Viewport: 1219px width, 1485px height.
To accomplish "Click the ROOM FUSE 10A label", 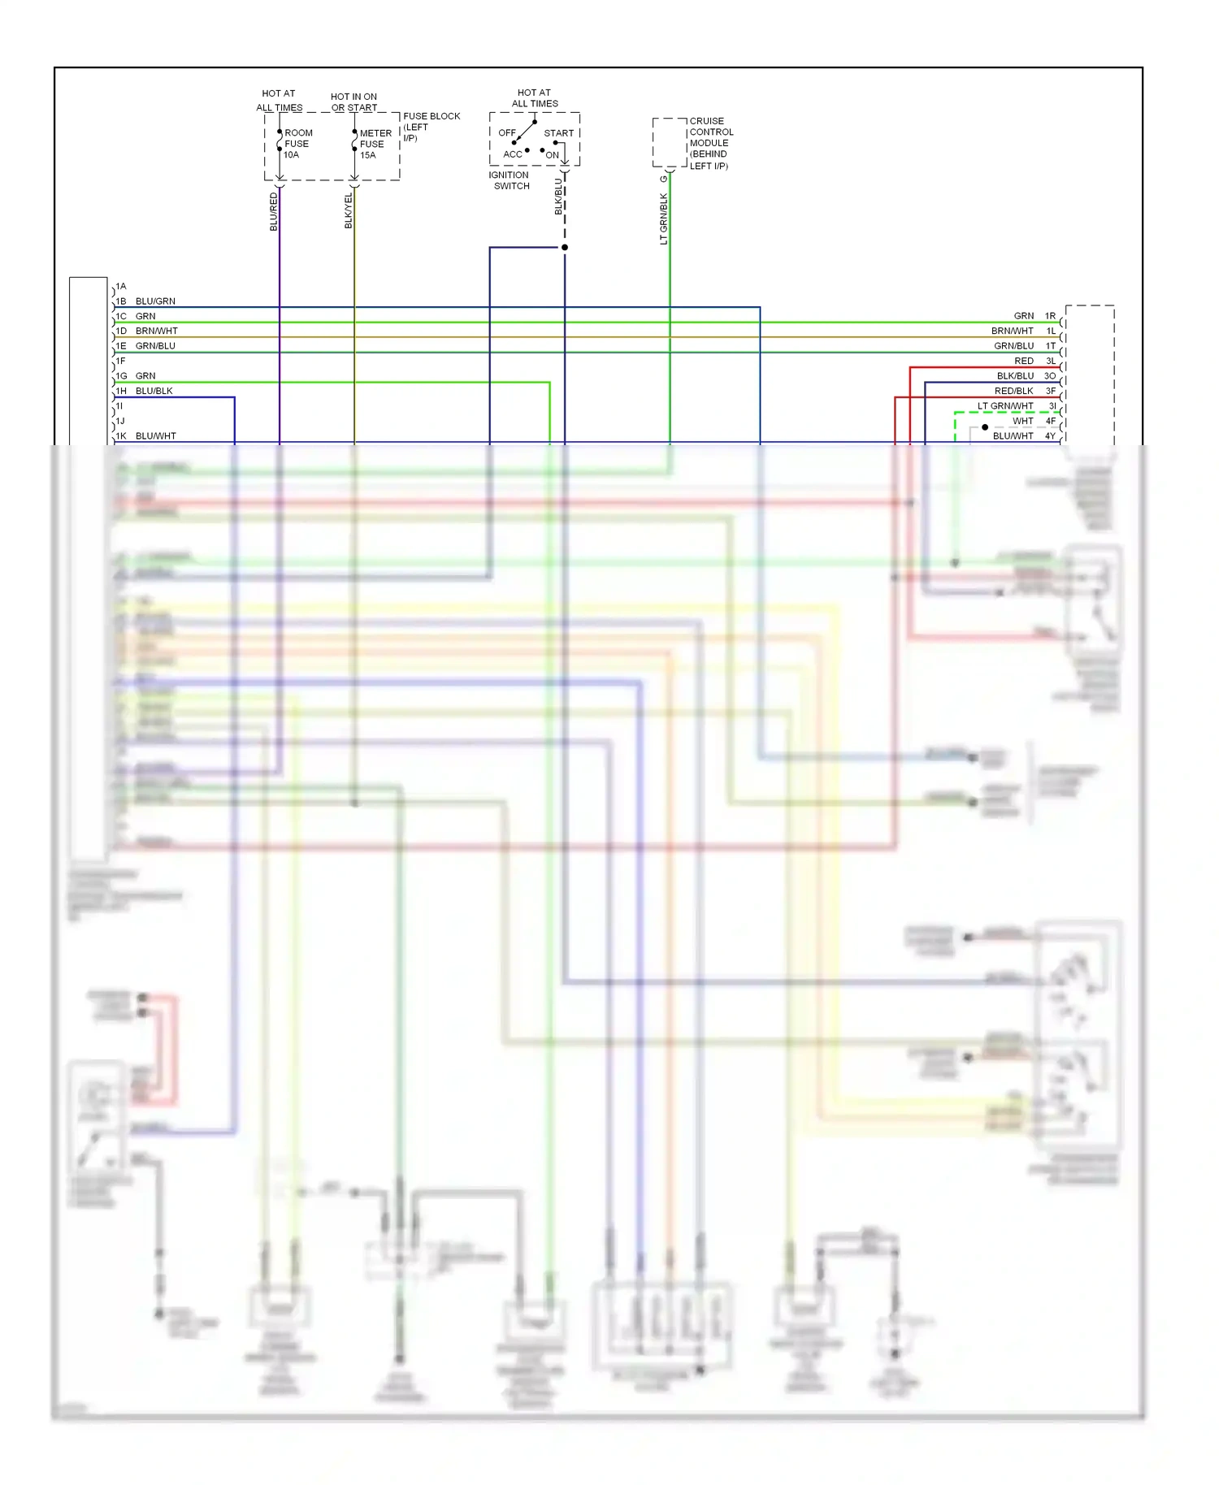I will [297, 144].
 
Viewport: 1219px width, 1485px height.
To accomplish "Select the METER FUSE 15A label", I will [375, 145].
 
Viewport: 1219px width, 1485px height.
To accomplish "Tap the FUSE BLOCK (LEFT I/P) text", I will [431, 127].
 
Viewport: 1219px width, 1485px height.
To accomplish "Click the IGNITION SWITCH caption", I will [510, 180].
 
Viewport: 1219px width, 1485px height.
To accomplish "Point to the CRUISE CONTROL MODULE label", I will [710, 143].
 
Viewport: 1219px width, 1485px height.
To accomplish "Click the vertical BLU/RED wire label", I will [274, 211].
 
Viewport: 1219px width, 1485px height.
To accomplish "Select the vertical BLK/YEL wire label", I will [349, 210].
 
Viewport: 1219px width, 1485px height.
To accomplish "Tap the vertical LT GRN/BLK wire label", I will [664, 218].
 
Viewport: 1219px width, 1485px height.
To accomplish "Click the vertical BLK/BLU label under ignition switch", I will [558, 196].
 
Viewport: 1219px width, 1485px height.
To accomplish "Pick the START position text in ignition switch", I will [559, 133].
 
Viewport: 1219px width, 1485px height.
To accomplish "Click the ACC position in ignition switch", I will [513, 154].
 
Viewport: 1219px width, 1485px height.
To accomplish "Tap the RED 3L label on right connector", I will [1033, 361].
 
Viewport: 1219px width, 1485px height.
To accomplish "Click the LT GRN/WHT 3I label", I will [1015, 406].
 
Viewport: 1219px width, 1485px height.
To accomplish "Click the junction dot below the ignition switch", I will [565, 247].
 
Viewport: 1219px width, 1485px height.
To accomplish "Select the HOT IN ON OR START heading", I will [354, 102].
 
